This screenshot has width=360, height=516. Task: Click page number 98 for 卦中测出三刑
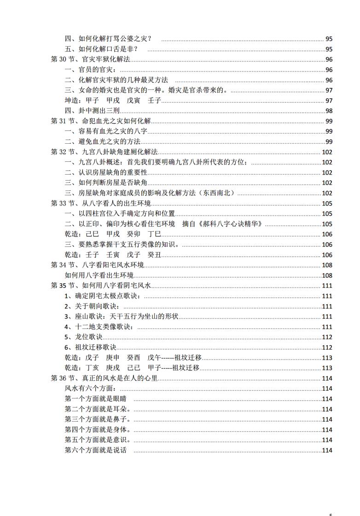tap(329, 111)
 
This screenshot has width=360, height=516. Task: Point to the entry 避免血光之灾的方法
tap(103, 141)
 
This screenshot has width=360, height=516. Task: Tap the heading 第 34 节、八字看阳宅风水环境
tap(97, 265)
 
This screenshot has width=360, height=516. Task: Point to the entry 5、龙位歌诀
tap(83, 337)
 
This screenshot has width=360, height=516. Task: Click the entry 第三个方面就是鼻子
tap(97, 419)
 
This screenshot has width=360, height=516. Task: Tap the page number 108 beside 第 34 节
tap(327, 265)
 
